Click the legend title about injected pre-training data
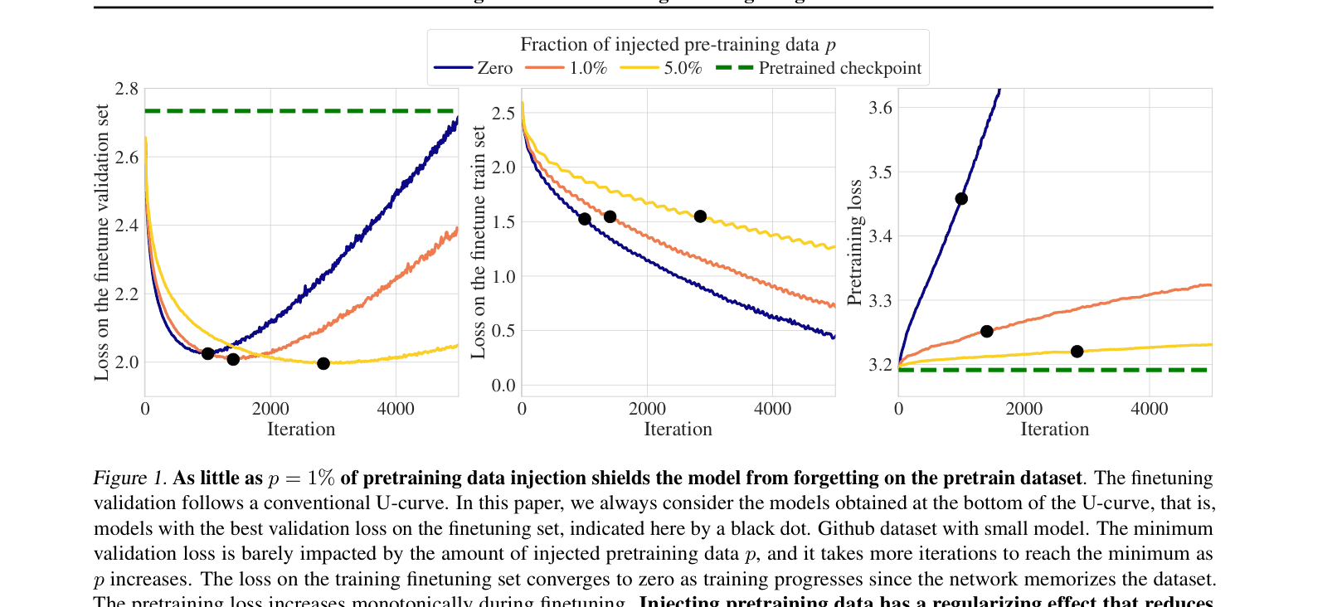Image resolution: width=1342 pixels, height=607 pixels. pos(678,45)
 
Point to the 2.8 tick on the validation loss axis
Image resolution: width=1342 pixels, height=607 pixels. pos(127,89)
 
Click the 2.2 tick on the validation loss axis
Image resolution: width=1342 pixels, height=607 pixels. pos(127,294)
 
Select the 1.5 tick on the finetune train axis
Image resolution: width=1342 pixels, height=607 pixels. pos(503,222)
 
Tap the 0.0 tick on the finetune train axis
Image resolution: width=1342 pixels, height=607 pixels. pos(503,386)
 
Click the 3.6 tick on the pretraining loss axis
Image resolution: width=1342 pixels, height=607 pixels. pos(880,108)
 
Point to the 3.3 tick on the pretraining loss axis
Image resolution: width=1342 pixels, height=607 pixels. pos(880,301)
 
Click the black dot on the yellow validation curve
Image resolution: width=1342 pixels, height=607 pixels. pos(323,363)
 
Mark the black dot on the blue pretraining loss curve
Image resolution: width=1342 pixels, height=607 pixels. pos(961,199)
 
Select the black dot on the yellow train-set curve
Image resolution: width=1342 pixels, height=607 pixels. pos(700,216)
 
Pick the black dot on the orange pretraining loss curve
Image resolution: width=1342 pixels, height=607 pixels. pos(986,332)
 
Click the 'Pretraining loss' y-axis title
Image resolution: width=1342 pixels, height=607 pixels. pos(855,242)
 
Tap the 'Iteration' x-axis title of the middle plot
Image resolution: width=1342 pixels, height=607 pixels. pos(678,430)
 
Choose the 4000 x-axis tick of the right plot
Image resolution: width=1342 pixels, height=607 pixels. pos(1150,409)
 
